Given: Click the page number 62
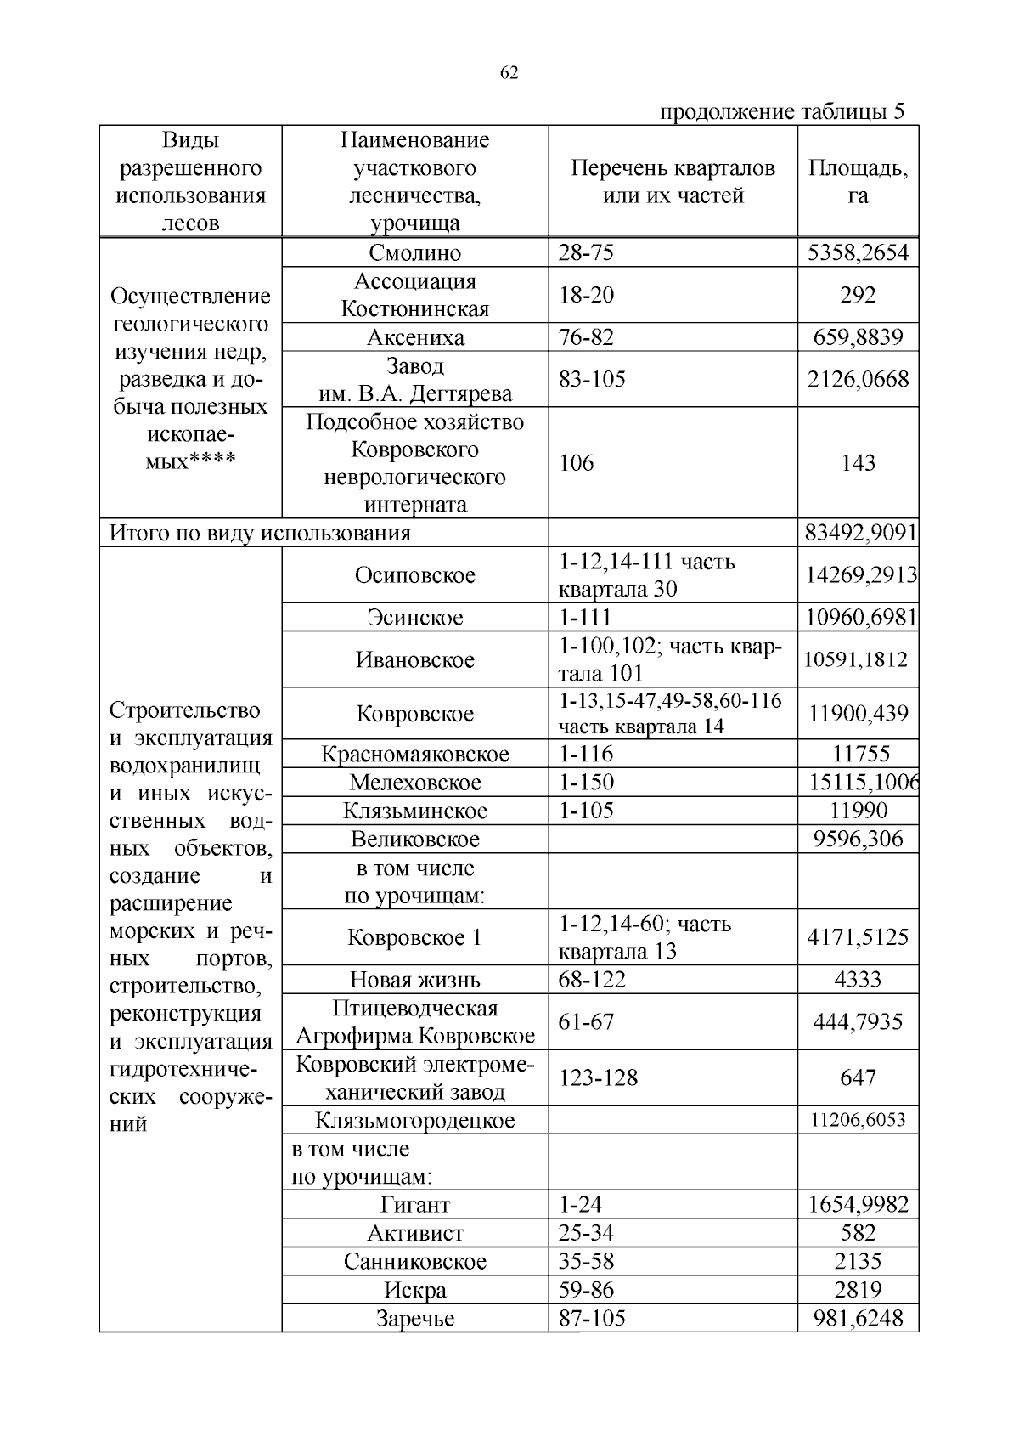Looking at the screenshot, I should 509,73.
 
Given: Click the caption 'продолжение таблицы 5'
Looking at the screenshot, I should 782,112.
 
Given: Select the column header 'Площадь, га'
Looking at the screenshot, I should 858,182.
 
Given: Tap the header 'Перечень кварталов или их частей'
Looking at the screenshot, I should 673,182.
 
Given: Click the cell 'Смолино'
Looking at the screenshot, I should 415,253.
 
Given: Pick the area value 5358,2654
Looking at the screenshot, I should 858,253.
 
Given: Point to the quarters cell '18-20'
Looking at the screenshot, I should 586,295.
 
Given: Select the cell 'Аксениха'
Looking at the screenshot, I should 415,337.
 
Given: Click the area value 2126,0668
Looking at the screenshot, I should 858,379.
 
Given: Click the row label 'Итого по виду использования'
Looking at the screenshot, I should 260,534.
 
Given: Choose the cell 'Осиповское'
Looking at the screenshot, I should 415,575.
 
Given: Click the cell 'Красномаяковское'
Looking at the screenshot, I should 415,755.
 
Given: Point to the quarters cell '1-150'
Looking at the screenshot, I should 586,783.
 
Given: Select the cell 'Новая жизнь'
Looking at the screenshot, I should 415,980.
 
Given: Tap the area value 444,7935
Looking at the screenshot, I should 858,1022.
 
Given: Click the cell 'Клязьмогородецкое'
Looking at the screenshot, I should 415,1121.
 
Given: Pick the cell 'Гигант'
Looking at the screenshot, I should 415,1205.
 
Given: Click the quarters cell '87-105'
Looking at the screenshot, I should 592,1318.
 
